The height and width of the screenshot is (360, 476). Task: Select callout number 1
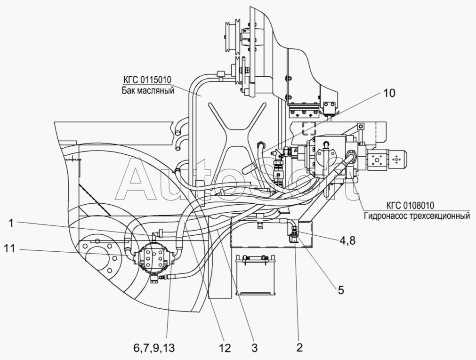11,224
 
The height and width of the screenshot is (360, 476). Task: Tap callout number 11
9,249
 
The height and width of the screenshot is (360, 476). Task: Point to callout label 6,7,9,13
154,348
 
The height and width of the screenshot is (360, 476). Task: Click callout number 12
225,348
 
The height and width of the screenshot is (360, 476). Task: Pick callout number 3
254,348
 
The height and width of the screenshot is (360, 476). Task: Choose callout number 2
299,348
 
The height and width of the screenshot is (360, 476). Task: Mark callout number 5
341,290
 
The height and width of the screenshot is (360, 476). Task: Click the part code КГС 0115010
147,80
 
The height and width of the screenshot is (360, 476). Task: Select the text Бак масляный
148,90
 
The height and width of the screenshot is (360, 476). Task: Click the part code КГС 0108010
410,206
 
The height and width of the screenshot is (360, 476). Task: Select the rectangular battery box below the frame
256,275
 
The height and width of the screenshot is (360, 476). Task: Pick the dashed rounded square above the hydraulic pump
309,128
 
